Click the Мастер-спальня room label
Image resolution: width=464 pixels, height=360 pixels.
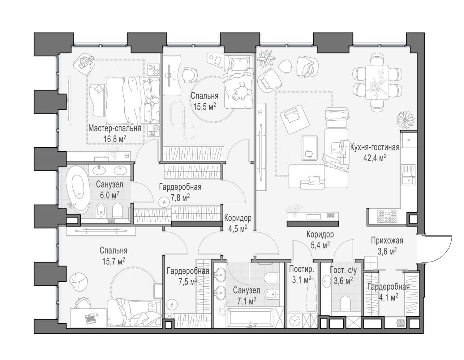pos(114,128)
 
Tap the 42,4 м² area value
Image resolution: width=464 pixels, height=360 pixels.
pos(375,158)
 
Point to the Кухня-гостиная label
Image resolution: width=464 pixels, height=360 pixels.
pos(375,147)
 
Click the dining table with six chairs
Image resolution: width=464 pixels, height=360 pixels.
pos(377,82)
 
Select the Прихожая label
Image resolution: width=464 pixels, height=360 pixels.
pos(387,240)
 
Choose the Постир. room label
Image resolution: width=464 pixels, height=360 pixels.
pos(299,269)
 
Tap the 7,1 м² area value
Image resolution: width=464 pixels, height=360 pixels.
pos(246,301)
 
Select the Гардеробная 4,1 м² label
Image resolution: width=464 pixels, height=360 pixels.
pos(388,287)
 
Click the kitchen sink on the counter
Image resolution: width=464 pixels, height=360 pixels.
pos(408,177)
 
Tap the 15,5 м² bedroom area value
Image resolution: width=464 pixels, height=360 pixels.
pos(204,107)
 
